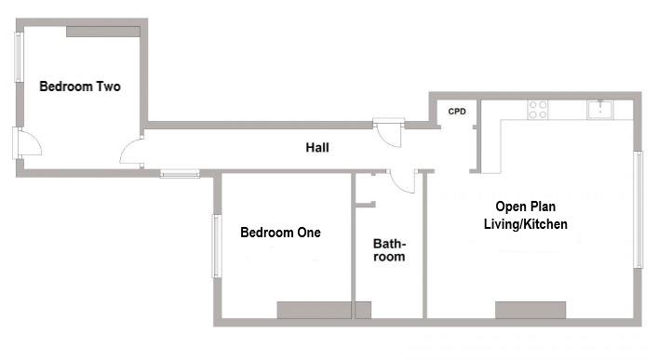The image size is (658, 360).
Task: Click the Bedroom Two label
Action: click(x=80, y=87)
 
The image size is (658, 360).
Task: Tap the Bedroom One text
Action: click(x=280, y=233)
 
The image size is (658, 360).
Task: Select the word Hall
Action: click(x=317, y=147)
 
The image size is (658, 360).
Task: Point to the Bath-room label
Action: click(x=389, y=250)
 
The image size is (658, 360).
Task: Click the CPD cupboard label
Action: click(x=457, y=112)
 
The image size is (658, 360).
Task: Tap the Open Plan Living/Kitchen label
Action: click(x=525, y=217)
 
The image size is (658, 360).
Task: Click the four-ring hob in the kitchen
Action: click(x=538, y=110)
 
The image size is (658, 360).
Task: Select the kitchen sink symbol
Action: click(x=600, y=110)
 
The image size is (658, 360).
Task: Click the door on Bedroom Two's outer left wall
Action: click(x=26, y=144)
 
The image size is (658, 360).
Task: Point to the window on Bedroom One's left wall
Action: click(x=216, y=246)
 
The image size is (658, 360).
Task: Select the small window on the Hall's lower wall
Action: click(x=179, y=173)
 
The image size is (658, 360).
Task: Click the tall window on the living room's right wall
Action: click(x=638, y=209)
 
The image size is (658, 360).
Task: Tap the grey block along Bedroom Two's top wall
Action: click(x=103, y=32)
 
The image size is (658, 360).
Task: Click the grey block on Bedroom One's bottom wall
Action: click(x=324, y=310)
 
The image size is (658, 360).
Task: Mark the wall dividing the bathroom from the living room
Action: click(x=424, y=247)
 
